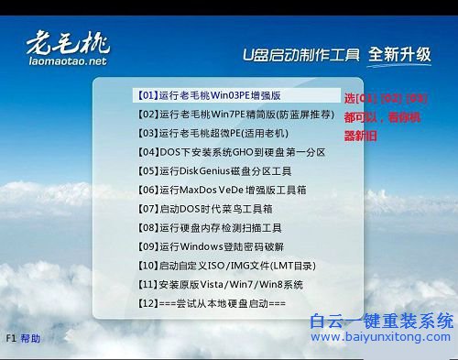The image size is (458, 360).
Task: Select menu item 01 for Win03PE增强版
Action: (209, 94)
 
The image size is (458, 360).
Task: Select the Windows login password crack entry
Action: (211, 245)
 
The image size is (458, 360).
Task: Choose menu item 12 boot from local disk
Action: (212, 302)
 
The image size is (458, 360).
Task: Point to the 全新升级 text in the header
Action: (399, 54)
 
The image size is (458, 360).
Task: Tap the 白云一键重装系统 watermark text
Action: (381, 320)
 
